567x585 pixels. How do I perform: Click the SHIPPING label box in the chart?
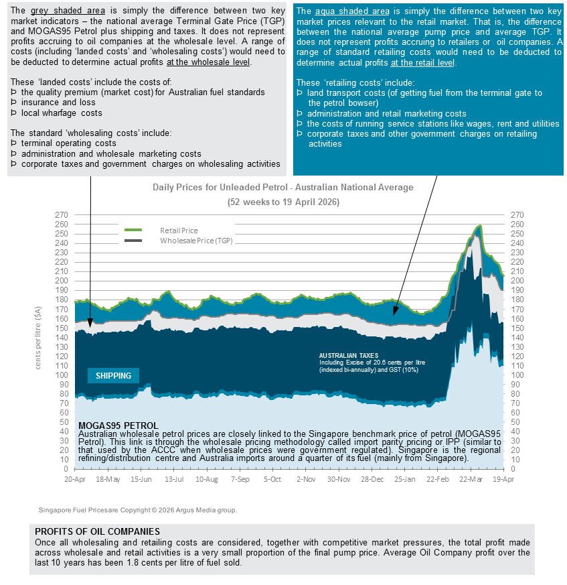pyautogui.click(x=113, y=375)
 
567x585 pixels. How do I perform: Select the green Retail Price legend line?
pyautogui.click(x=133, y=230)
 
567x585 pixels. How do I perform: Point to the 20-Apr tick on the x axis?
pyautogui.click(x=75, y=480)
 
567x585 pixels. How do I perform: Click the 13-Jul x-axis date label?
pyautogui.click(x=174, y=480)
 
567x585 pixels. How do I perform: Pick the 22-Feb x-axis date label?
pyautogui.click(x=438, y=480)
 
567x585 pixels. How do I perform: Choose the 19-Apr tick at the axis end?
pyautogui.click(x=503, y=480)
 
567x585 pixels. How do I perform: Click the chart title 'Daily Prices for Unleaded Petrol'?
pyautogui.click(x=283, y=188)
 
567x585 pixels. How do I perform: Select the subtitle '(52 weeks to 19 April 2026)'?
pyautogui.click(x=283, y=201)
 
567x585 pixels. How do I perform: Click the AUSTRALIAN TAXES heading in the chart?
pyautogui.click(x=348, y=355)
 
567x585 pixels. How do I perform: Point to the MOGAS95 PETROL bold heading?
pyautogui.click(x=118, y=426)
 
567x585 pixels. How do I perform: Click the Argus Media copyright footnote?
pyautogui.click(x=138, y=510)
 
